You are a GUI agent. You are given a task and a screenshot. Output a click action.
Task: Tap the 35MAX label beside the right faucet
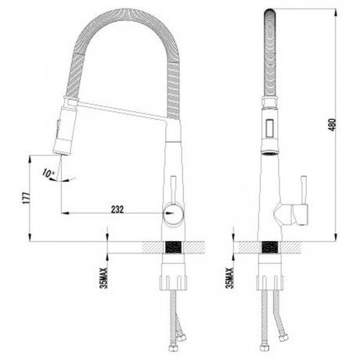pyautogui.click(x=229, y=277)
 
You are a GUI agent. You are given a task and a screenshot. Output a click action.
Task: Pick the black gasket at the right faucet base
pyautogui.click(x=270, y=246)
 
